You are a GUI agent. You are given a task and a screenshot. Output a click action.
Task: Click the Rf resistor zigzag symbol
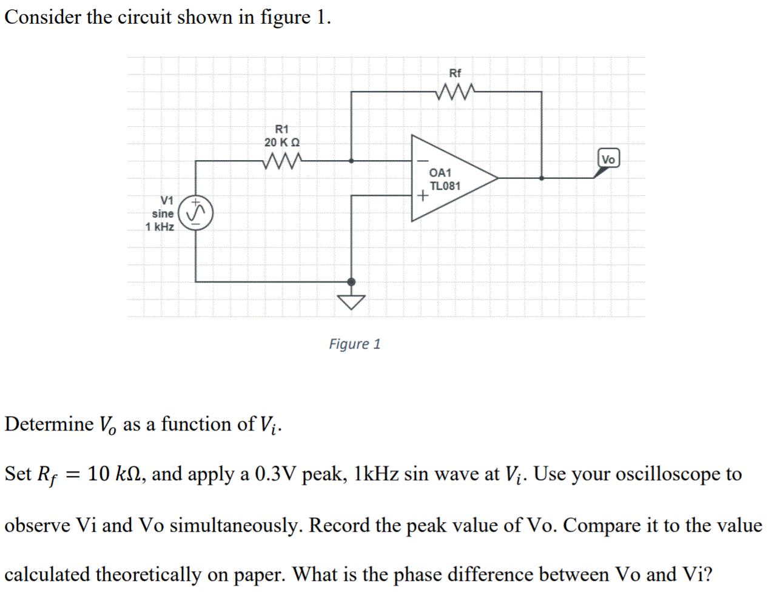(x=455, y=92)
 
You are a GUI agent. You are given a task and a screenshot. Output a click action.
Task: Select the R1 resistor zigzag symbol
(x=282, y=161)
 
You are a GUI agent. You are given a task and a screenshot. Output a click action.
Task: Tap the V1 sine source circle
(x=195, y=213)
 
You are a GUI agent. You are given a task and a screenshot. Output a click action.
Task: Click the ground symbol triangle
(x=351, y=301)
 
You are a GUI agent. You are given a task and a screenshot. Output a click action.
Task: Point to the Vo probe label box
(x=608, y=159)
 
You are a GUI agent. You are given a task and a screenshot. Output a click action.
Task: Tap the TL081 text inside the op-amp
(x=445, y=186)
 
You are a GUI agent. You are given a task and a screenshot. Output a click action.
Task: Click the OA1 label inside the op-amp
(x=440, y=173)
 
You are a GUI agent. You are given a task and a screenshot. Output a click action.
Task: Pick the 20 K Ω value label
(x=282, y=143)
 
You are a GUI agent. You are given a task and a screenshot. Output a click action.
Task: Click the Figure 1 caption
(x=355, y=344)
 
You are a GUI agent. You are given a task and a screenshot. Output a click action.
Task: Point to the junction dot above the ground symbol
(x=351, y=281)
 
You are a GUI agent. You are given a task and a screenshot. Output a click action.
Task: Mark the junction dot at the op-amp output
(x=542, y=178)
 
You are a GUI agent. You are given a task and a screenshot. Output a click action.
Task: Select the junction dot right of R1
(x=351, y=161)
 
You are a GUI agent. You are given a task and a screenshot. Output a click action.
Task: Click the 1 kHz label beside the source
(x=160, y=227)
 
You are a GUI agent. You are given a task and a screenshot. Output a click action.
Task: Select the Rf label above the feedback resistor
(x=455, y=73)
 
